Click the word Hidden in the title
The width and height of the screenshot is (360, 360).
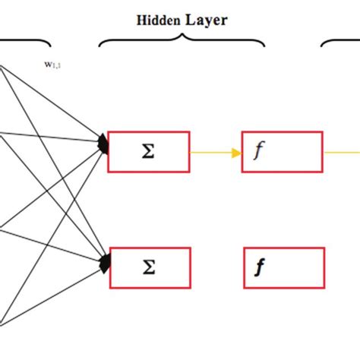pyautogui.click(x=158, y=21)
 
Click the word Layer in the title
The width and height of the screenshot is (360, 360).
pyautogui.click(x=206, y=21)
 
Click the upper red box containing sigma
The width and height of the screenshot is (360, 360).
pyautogui.click(x=149, y=151)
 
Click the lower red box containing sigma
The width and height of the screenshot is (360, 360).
pyautogui.click(x=149, y=267)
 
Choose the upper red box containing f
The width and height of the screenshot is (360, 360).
pyautogui.click(x=282, y=151)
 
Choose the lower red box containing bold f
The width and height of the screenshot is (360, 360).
pyautogui.click(x=282, y=267)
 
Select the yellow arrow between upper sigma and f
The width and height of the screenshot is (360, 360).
pyautogui.click(x=215, y=151)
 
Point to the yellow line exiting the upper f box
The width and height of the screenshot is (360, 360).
pyautogui.click(x=341, y=151)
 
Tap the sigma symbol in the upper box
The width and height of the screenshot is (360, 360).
pyautogui.click(x=149, y=151)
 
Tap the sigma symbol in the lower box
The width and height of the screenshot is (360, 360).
pyautogui.click(x=149, y=267)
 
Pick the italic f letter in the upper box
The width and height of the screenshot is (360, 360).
pyautogui.click(x=258, y=152)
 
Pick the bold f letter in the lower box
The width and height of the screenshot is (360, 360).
pyautogui.click(x=260, y=268)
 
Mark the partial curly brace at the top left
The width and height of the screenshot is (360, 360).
pyautogui.click(x=27, y=42)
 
